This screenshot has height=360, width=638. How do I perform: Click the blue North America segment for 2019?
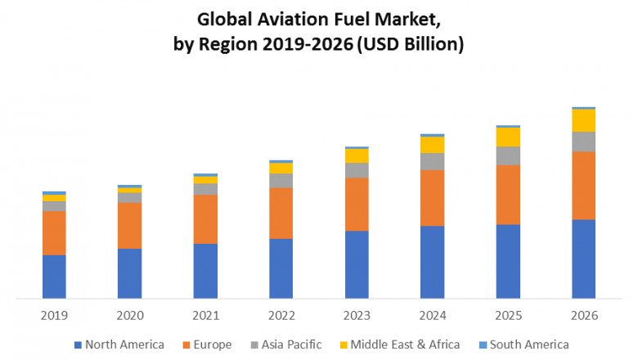[54, 277]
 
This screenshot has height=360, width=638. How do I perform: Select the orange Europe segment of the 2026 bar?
[583, 186]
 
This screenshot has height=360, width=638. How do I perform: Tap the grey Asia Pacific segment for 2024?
[432, 161]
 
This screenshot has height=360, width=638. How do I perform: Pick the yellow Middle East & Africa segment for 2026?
[583, 120]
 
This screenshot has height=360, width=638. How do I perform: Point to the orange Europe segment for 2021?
[205, 219]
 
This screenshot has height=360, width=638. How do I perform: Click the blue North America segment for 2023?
[357, 264]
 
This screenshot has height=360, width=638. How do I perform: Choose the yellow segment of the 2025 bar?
[508, 137]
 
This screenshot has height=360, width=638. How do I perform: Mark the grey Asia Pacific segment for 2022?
[281, 180]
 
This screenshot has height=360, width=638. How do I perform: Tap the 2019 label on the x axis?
[54, 315]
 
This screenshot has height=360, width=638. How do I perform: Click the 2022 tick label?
[281, 315]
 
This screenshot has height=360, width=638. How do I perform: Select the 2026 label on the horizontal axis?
[583, 315]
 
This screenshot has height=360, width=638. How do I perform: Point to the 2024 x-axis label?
[432, 315]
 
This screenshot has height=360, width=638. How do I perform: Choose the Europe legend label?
[212, 344]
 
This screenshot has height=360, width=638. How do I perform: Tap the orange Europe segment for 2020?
[129, 226]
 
